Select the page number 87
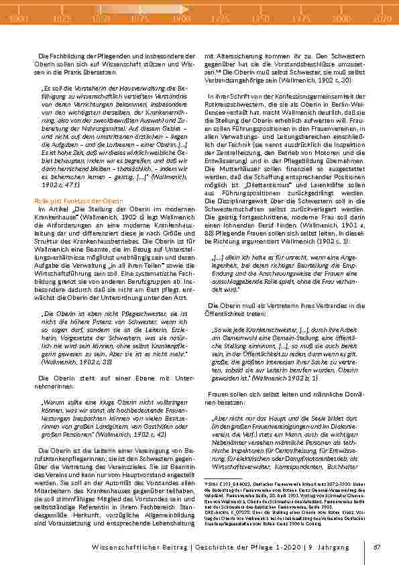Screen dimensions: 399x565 click(x=377, y=547)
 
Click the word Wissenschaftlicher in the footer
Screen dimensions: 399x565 click(x=126, y=547)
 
